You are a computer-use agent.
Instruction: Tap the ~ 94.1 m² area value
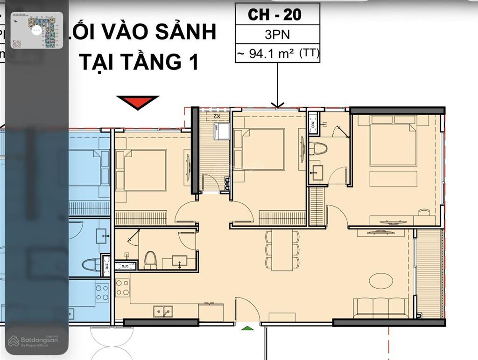(x=277, y=54)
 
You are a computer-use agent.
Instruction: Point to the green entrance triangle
(x=247, y=328)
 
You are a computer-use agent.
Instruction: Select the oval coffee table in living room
(x=381, y=281)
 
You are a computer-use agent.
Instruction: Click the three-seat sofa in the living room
(x=380, y=307)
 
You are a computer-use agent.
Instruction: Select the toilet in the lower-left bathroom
(x=150, y=260)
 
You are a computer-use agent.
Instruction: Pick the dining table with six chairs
(x=282, y=250)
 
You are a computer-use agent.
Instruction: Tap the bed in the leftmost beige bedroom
(x=142, y=170)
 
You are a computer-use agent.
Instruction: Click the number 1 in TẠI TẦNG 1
(x=190, y=62)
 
